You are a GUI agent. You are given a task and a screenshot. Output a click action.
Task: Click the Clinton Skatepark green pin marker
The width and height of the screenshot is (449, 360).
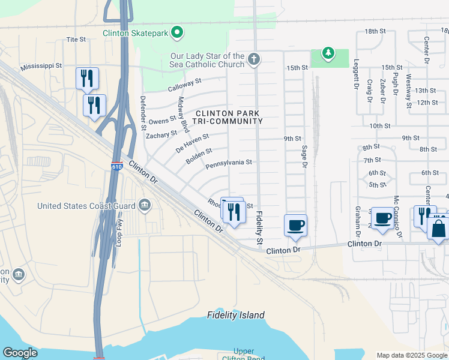point(177,32)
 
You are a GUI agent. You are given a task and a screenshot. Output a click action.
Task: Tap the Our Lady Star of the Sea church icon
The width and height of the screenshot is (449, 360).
point(254,60)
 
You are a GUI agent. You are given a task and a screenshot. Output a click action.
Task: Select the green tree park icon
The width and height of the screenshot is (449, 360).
point(328,54)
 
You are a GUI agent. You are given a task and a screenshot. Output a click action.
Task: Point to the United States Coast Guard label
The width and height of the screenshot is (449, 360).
point(86,206)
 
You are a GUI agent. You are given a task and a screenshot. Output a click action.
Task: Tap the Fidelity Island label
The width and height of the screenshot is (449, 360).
point(235,315)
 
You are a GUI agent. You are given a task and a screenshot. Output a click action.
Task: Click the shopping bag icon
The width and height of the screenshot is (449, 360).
point(439,229)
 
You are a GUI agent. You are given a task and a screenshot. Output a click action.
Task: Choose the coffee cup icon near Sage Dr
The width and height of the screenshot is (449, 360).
point(295,226)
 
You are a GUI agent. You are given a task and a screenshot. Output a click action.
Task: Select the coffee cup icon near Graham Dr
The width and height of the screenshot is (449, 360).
point(382,218)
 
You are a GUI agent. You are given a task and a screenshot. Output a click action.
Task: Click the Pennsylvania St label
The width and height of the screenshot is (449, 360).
point(228,163)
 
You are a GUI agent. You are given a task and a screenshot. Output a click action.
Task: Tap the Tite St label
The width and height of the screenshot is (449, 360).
point(76,40)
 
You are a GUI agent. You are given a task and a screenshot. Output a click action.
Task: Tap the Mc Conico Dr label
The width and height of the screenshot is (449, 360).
point(396,211)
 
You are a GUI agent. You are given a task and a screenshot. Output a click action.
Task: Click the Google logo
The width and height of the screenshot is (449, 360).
point(19,353)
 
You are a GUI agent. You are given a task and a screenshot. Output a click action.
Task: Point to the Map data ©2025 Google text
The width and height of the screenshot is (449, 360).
point(412,355)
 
